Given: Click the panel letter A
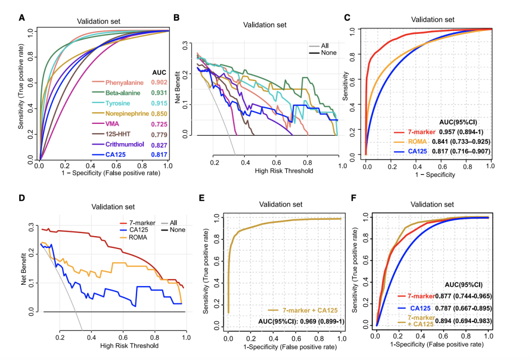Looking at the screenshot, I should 22,18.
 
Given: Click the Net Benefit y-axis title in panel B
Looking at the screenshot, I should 185,89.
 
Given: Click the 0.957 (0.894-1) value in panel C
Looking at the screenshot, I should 462,132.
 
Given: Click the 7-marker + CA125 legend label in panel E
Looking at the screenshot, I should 309,310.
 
